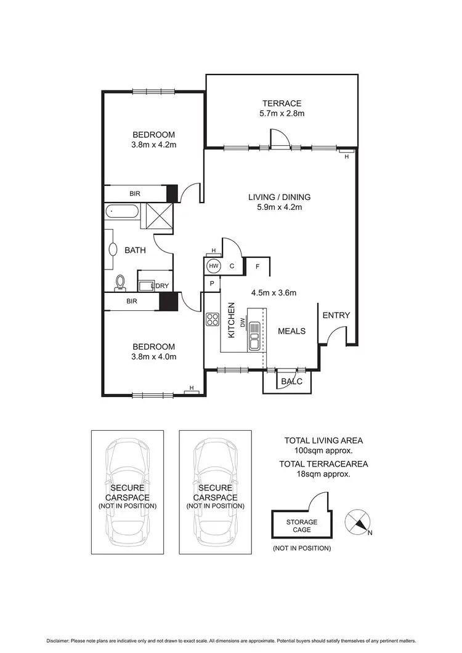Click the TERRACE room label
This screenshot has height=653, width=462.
(280, 103)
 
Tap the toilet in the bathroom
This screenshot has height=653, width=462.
(121, 282)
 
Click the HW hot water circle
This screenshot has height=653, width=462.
(214, 266)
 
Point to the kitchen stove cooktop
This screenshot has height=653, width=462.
(213, 319)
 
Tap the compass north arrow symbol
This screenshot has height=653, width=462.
(358, 522)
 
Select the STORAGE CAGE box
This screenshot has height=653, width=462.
(302, 526)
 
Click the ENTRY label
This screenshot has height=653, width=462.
(336, 315)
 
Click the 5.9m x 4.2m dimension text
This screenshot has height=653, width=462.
(279, 207)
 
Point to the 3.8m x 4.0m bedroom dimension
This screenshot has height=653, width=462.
(153, 356)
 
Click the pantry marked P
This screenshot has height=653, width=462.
(212, 284)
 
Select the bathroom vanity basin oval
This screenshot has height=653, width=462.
(113, 249)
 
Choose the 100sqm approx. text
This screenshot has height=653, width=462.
(323, 451)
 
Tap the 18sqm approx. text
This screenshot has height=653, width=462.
(323, 474)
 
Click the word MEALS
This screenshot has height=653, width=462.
(291, 331)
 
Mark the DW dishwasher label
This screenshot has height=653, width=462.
(243, 322)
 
